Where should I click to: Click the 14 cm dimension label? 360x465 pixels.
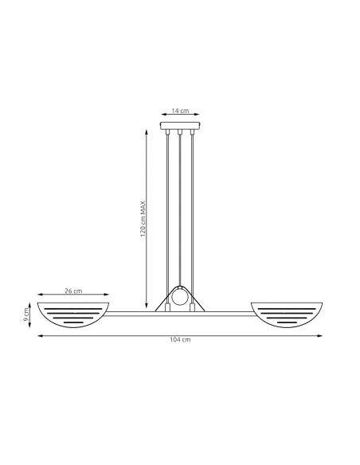(180, 112)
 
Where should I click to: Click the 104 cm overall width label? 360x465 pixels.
(180, 340)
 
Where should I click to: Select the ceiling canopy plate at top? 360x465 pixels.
(180, 126)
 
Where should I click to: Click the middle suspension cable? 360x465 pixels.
(181, 207)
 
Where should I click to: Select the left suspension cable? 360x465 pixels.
(167, 207)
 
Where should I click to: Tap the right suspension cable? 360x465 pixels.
(194, 207)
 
